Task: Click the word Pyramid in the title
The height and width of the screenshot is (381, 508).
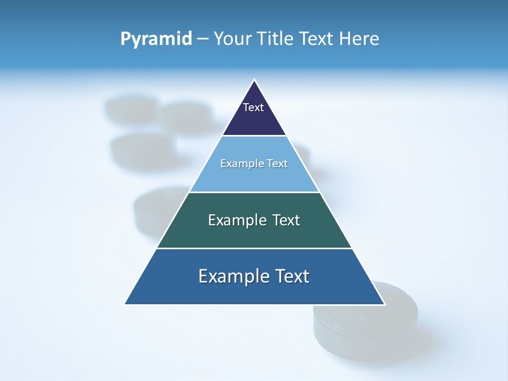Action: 156,39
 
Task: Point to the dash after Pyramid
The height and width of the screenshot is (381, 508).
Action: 203,39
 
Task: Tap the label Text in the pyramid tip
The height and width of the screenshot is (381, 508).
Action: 253,107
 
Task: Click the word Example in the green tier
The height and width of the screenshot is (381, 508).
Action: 235,220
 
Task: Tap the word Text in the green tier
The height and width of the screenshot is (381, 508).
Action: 286,220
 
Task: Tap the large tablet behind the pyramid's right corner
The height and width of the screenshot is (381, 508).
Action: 370,328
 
